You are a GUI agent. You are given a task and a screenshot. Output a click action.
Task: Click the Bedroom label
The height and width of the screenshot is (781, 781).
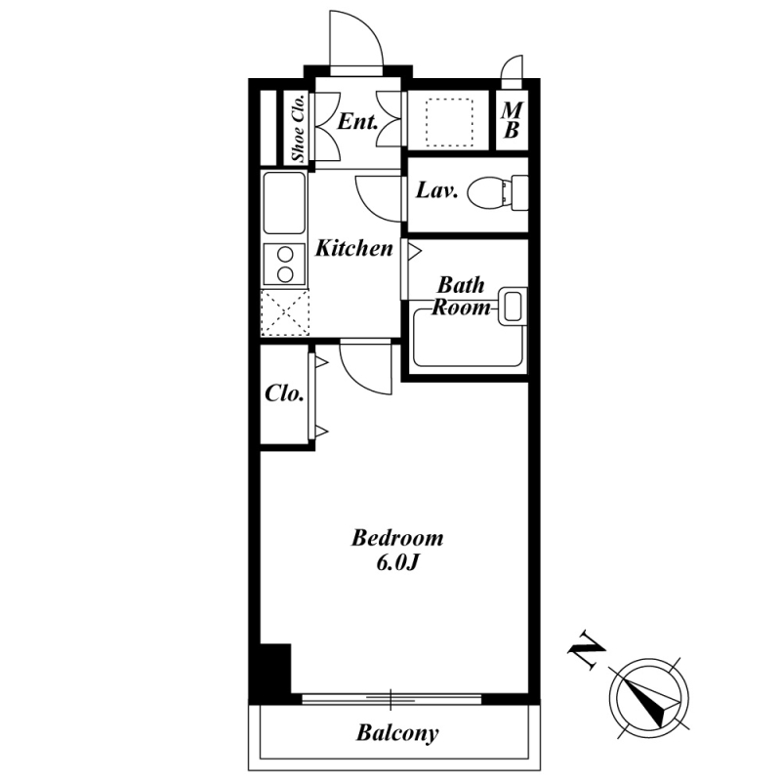tap(397, 538)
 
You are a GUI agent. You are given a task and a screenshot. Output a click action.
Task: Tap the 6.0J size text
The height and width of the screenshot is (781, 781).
tap(396, 563)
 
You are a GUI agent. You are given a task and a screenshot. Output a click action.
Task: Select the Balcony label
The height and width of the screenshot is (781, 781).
tap(397, 733)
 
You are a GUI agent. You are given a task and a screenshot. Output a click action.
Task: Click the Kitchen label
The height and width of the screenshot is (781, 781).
tap(353, 248)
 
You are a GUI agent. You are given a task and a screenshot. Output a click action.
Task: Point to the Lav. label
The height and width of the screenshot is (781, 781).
tap(436, 190)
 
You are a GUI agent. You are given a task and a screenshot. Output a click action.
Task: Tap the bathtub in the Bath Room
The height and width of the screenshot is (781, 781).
tap(468, 338)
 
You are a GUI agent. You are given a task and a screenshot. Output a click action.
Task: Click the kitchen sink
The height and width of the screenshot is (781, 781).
tap(284, 203)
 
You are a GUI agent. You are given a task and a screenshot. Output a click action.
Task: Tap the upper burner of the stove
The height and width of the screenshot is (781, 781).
tap(285, 255)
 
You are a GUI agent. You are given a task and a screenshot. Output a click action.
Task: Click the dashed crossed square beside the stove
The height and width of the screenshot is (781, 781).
tap(285, 312)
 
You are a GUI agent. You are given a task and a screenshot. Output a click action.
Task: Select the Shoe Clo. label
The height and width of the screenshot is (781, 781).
tap(298, 128)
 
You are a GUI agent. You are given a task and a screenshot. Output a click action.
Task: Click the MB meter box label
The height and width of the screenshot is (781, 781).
tap(512, 120)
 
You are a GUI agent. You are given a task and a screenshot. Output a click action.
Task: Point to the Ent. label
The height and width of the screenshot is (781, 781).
tap(357, 121)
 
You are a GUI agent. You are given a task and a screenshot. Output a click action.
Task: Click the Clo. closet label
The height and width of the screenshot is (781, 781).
tap(284, 393)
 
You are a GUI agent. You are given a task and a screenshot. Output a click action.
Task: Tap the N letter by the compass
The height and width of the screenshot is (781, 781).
tap(587, 649)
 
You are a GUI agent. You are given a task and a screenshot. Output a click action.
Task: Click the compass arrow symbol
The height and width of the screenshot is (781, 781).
tap(649, 696)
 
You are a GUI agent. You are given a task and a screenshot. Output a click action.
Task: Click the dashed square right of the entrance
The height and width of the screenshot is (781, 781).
tap(449, 123)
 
